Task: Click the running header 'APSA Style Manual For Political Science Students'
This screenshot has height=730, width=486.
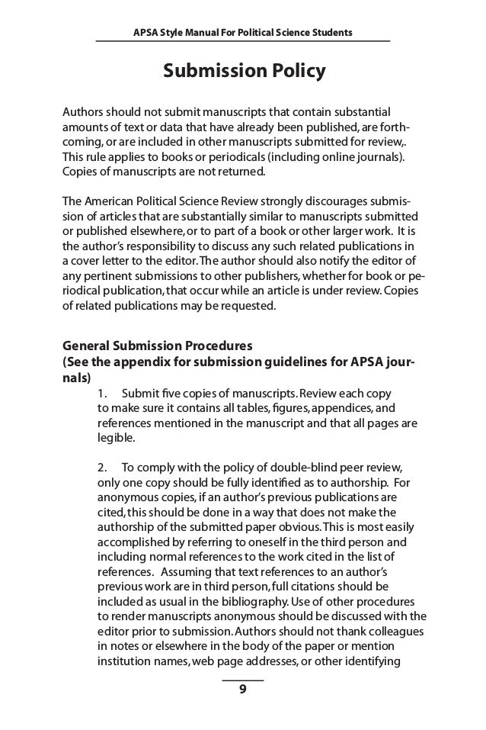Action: click(242, 31)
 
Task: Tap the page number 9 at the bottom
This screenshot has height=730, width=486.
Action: click(242, 690)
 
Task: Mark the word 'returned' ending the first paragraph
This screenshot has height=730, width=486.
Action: click(242, 172)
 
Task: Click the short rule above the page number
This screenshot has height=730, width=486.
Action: click(242, 679)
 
